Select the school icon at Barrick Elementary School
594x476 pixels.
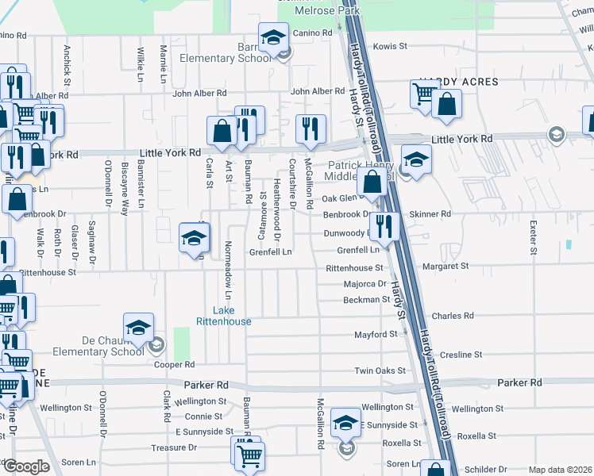[272, 37]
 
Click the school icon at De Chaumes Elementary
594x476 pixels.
[137, 327]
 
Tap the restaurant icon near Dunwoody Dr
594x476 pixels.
[384, 225]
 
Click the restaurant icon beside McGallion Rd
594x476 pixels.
[310, 128]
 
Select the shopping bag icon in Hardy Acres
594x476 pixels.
[446, 103]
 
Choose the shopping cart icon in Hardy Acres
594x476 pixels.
[424, 93]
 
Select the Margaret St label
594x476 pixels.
[445, 267]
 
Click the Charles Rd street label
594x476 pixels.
[452, 316]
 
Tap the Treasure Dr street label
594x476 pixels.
[175, 447]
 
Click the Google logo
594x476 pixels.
[26, 466]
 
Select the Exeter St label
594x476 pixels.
[533, 232]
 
